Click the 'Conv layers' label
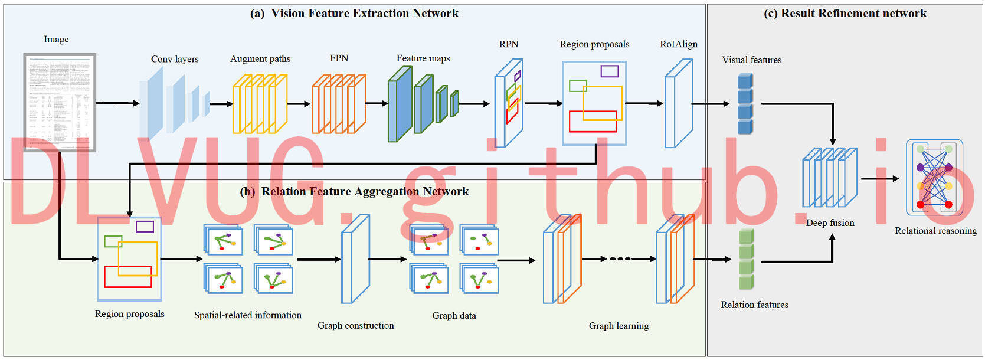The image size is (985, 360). pyautogui.click(x=175, y=59)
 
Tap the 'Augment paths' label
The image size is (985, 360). pyautogui.click(x=260, y=59)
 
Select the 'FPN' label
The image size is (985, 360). pyautogui.click(x=339, y=58)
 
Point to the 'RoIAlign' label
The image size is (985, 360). pyautogui.click(x=678, y=44)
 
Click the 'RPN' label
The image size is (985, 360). pyautogui.click(x=509, y=44)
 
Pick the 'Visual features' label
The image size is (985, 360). pyautogui.click(x=751, y=60)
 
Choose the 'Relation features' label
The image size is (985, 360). pyautogui.click(x=754, y=305)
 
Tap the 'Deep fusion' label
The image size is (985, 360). pyautogui.click(x=830, y=223)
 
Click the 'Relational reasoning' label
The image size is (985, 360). pyautogui.click(x=935, y=231)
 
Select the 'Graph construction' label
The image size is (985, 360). pyautogui.click(x=355, y=326)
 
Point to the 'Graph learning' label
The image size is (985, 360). pyautogui.click(x=619, y=326)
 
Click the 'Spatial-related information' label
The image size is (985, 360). pyautogui.click(x=247, y=315)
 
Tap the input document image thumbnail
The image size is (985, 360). pyautogui.click(x=60, y=102)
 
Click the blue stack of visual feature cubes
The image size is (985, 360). pyautogui.click(x=745, y=104)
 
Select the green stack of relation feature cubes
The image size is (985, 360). pyautogui.click(x=747, y=260)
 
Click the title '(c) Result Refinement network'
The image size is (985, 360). pyautogui.click(x=845, y=14)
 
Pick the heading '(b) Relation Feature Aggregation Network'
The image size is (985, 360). pyautogui.click(x=354, y=192)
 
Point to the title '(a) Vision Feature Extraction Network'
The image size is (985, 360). pyautogui.click(x=354, y=14)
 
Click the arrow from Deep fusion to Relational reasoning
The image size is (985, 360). pyautogui.click(x=879, y=178)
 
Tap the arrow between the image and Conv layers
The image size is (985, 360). pyautogui.click(x=117, y=103)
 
